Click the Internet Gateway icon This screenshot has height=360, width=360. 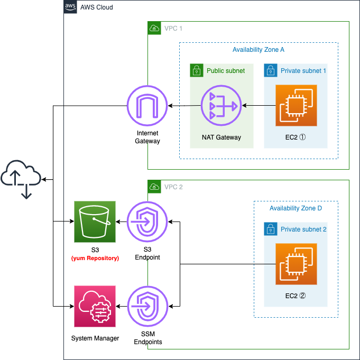(147, 106)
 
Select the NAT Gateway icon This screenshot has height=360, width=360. (221, 106)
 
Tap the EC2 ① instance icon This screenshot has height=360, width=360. (296, 105)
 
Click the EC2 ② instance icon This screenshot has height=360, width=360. (296, 264)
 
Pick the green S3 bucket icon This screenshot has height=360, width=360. (95, 222)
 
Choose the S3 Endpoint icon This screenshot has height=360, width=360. (147, 222)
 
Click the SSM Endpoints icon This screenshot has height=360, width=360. (147, 306)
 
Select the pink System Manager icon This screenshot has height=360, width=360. (95, 306)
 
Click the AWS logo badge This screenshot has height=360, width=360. (70, 7)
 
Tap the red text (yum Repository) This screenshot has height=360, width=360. (95, 258)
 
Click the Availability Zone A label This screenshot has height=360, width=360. (259, 50)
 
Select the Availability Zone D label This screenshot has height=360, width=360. (296, 208)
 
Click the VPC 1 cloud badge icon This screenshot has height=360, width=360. (154, 28)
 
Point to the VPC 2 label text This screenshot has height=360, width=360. (173, 187)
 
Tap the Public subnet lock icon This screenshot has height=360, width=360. (197, 70)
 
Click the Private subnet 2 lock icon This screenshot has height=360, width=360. (271, 229)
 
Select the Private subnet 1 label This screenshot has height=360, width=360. (303, 71)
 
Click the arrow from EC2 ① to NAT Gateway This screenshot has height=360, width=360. (259, 106)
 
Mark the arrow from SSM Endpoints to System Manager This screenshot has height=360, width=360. (122, 306)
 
